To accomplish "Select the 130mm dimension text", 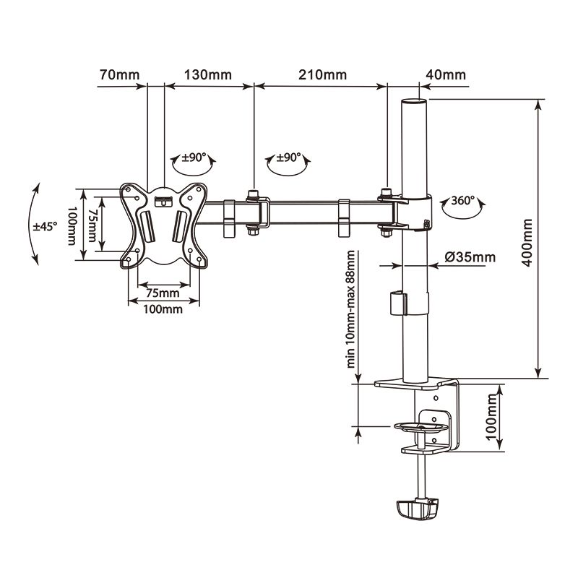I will (x=208, y=75).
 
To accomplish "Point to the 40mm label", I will (x=446, y=75).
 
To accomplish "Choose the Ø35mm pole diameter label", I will (x=470, y=256).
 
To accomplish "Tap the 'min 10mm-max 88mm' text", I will (x=352, y=310).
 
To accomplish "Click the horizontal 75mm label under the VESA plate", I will (x=163, y=293).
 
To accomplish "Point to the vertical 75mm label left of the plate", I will (x=92, y=225).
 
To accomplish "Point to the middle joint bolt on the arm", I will (x=254, y=212).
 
